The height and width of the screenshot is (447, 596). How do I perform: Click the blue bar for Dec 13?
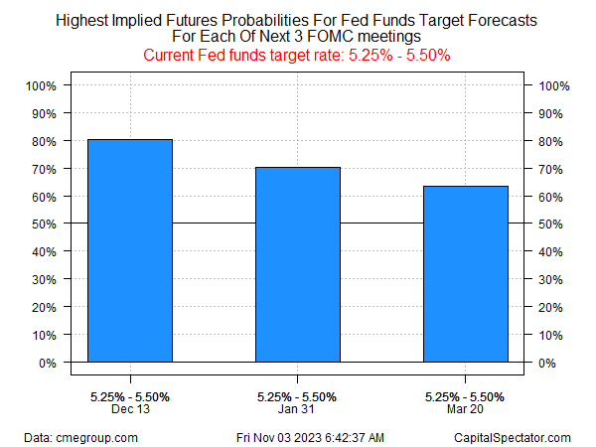pos(130,250)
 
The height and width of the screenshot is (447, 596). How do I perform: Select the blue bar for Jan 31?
pos(298,264)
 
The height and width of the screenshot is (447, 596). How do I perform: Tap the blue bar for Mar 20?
pos(466,274)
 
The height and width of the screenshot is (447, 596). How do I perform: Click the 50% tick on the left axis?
pos(46,223)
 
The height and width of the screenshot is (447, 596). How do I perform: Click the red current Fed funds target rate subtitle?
pos(298,56)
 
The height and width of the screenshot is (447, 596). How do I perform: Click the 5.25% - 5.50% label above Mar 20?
pos(466,396)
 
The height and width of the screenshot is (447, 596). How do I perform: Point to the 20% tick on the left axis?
pos(46,307)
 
